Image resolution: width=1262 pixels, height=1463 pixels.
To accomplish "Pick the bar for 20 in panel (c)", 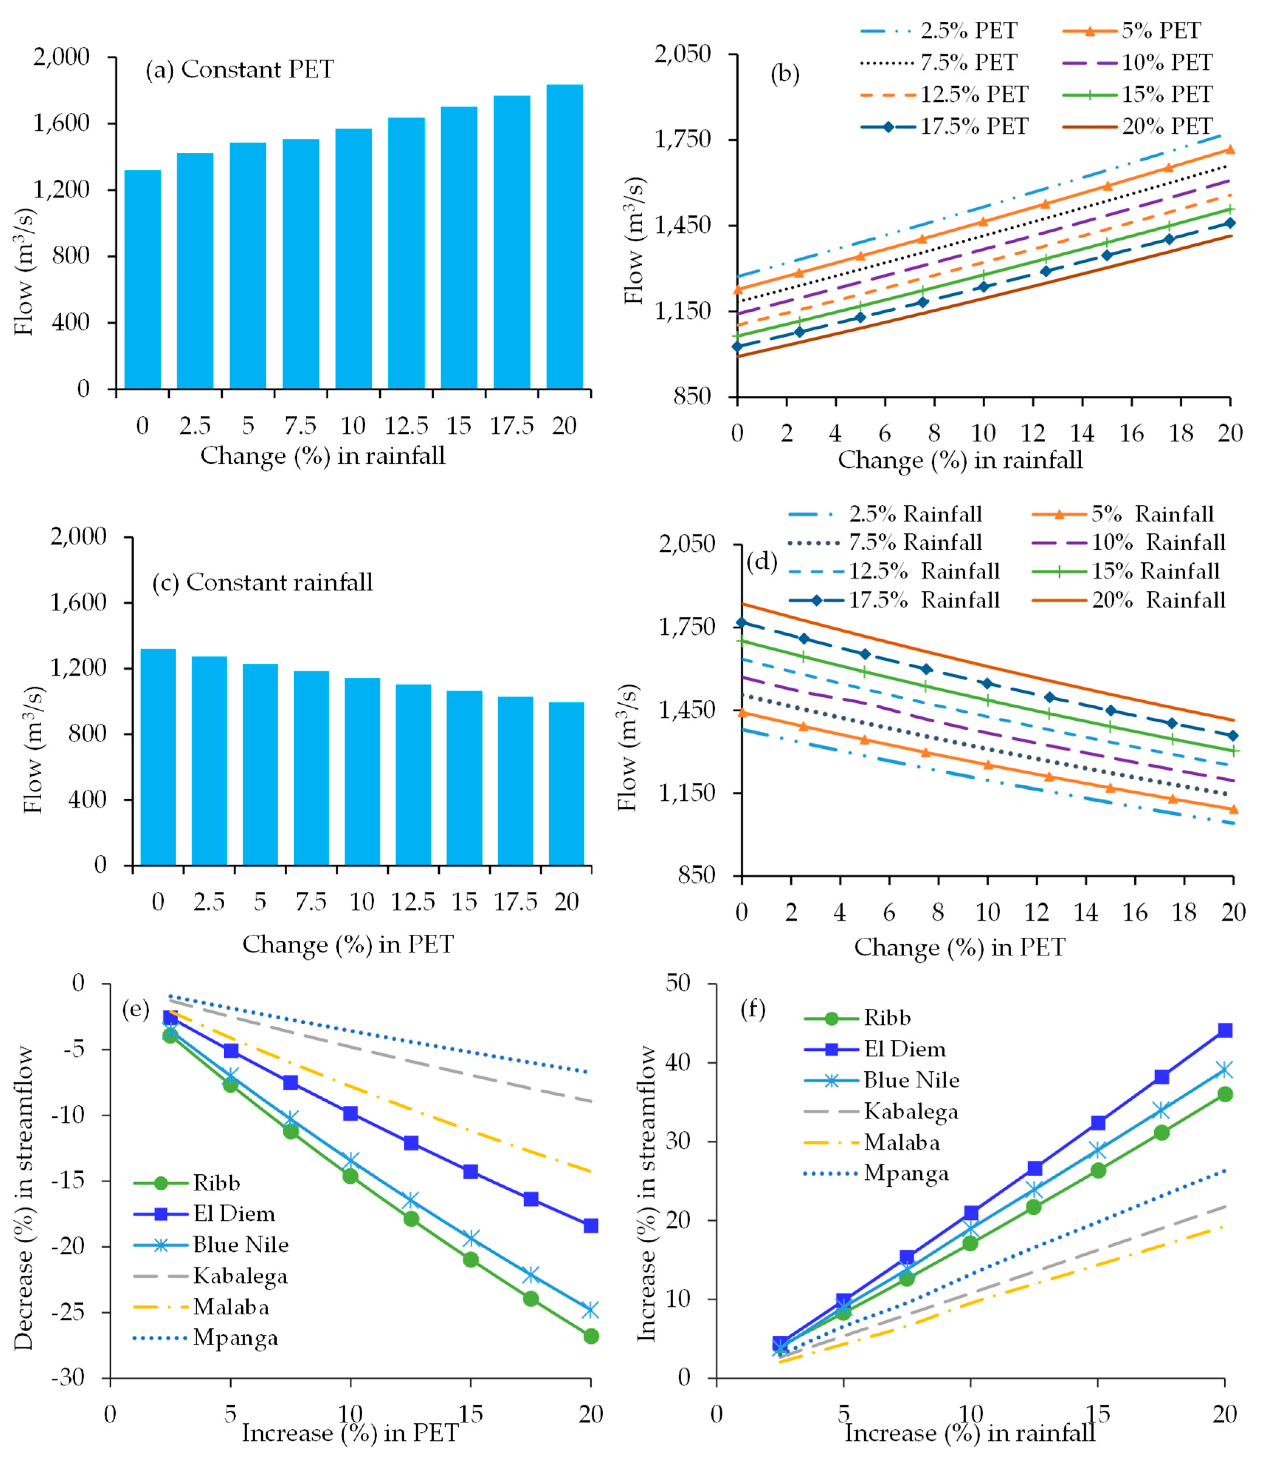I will [566, 784].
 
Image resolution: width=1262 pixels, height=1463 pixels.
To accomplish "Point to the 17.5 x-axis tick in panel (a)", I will [512, 426].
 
